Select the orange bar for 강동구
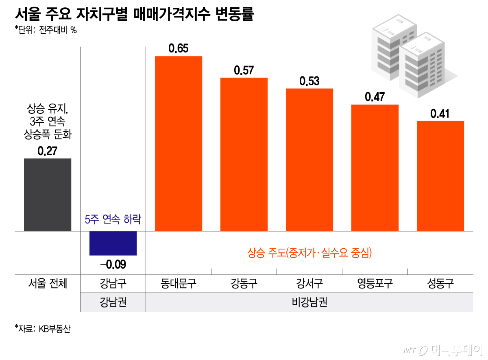[x=244, y=154]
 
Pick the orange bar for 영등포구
[x=375, y=168]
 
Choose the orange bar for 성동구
[x=440, y=176]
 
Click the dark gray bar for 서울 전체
[x=48, y=195]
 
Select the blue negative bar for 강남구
[x=113, y=243]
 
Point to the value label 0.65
[x=179, y=49]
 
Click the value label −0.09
[x=113, y=265]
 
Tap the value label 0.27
[x=48, y=151]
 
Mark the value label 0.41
[x=440, y=114]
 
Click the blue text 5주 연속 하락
[x=113, y=220]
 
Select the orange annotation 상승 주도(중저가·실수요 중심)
[x=309, y=254]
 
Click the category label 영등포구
[x=375, y=283]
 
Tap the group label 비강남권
[x=309, y=303]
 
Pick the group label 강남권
[x=113, y=303]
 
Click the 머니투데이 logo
[x=443, y=349]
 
